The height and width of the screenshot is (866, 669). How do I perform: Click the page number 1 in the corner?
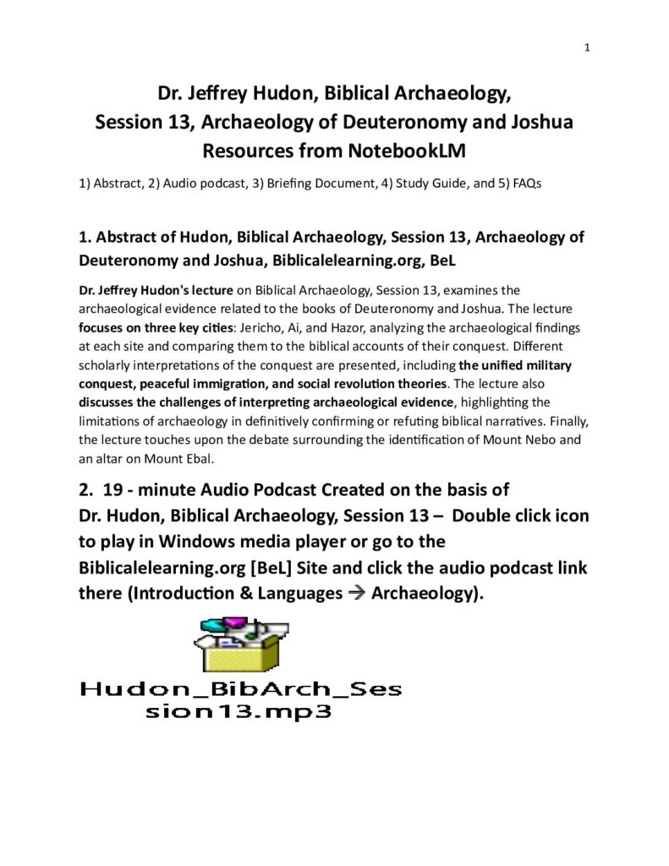(x=586, y=48)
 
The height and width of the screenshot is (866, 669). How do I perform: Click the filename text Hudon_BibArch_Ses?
(x=240, y=689)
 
